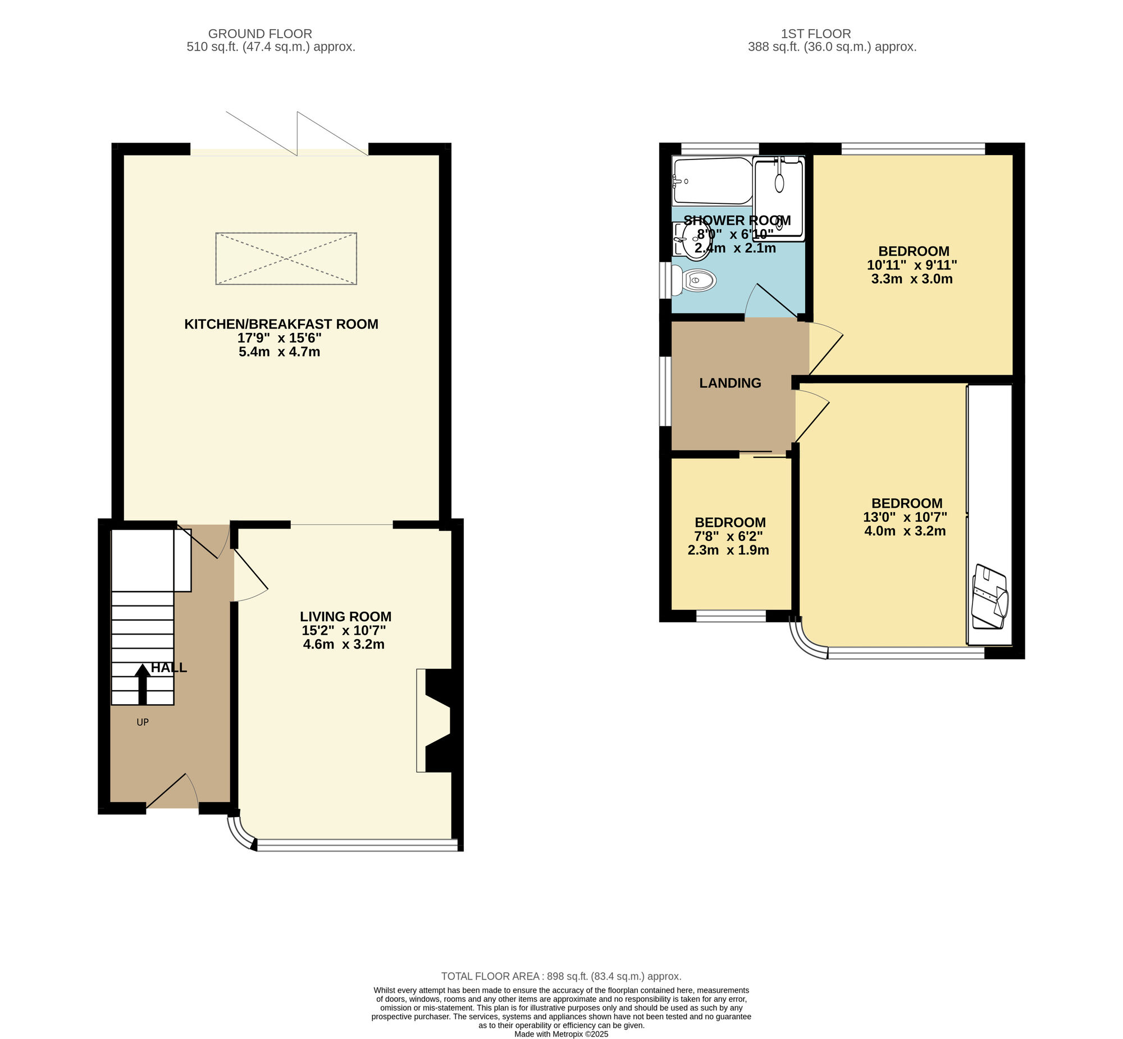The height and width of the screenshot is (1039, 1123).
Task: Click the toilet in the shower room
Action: pos(693,280)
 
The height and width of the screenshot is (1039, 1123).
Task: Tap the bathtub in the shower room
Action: pos(712,181)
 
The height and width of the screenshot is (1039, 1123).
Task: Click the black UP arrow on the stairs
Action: pos(142,683)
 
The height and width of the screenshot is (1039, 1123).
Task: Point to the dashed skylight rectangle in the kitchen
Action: pos(286,258)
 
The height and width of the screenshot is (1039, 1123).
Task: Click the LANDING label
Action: pos(730,383)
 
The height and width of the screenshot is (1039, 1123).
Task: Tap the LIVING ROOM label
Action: pos(346,616)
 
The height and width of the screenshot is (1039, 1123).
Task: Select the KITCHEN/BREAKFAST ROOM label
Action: pos(281,324)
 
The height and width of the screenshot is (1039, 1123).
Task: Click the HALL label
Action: pos(169,667)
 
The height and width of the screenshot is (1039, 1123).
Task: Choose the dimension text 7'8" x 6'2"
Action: pos(729,536)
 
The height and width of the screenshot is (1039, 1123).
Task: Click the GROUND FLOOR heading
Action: pos(260,34)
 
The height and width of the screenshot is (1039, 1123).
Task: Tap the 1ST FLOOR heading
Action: pos(816,34)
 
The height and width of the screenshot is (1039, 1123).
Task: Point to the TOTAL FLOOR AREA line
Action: pos(561,976)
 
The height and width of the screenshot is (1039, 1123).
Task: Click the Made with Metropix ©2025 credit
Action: pos(561,1033)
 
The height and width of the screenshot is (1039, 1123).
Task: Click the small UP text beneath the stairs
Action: pos(143,722)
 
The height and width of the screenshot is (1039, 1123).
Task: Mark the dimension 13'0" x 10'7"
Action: pos(905,517)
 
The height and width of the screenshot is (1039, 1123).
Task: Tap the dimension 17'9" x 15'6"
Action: pos(279,338)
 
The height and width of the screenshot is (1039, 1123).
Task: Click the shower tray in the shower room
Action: pos(779,199)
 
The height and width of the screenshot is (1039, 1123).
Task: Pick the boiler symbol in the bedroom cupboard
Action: pos(990,596)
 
